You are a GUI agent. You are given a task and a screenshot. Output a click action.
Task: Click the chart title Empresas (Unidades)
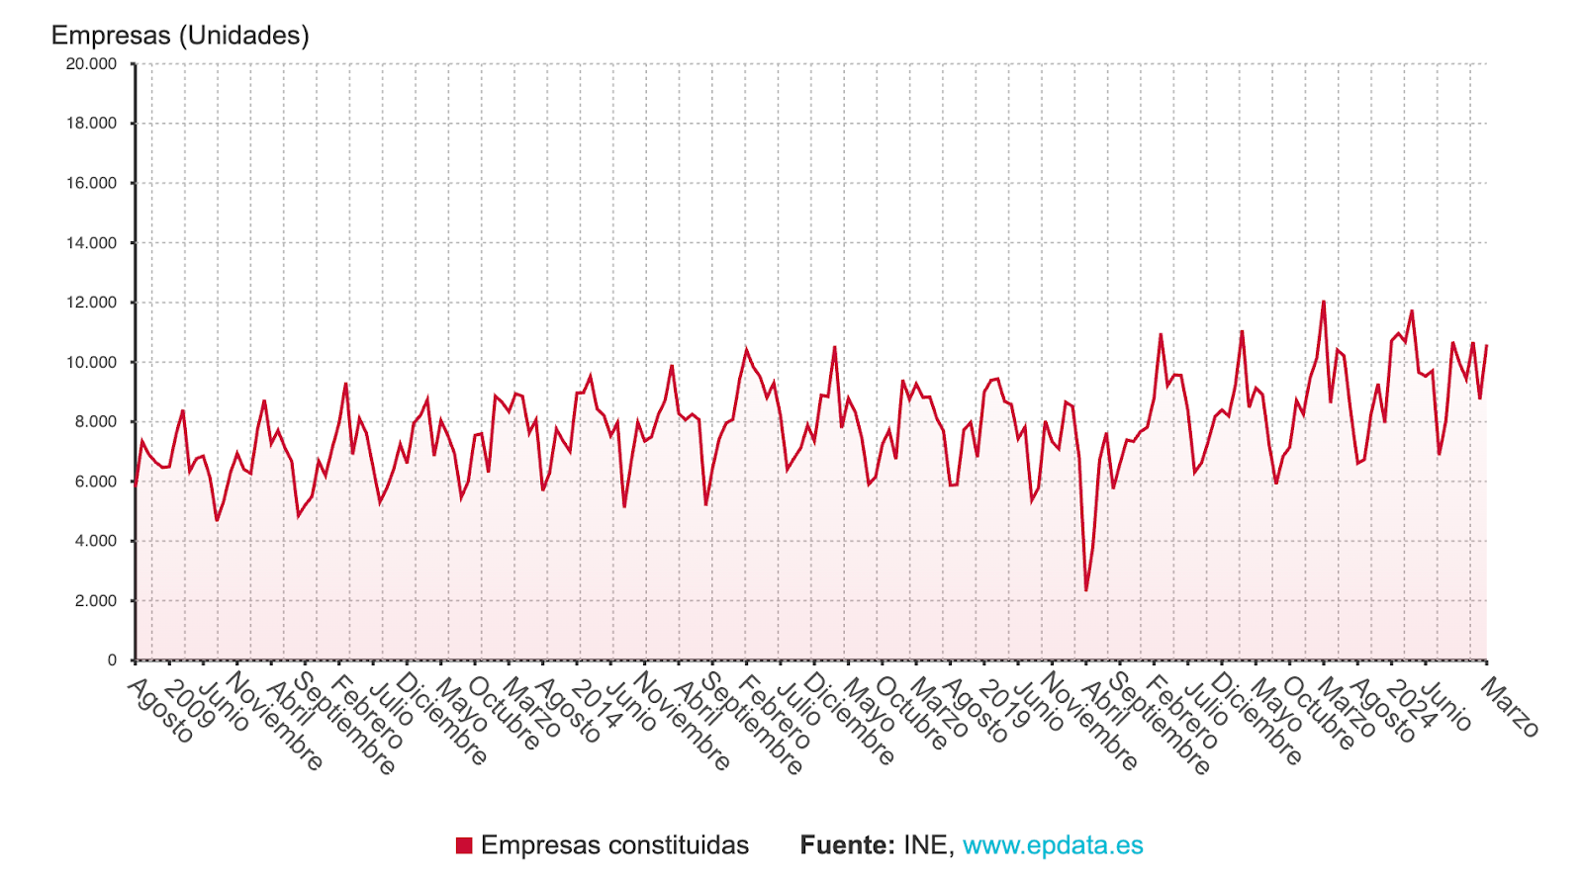[x=180, y=36]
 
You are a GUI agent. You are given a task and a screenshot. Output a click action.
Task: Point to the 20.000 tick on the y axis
[x=91, y=64]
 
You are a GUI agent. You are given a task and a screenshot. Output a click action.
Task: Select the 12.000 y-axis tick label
[x=91, y=303]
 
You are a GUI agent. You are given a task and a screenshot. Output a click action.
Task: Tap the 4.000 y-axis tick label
[x=95, y=541]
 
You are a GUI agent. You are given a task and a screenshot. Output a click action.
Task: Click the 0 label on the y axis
[x=112, y=660]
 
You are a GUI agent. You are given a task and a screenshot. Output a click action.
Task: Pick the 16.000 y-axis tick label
[x=91, y=183]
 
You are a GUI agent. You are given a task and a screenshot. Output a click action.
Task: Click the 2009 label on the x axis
[x=189, y=703]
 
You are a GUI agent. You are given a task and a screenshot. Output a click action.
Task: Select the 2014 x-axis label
[x=597, y=703]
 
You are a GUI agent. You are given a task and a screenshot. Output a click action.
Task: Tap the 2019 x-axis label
[x=1003, y=703]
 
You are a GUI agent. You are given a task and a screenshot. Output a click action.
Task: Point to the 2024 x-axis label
[x=1410, y=703]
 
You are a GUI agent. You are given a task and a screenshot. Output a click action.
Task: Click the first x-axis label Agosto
[x=160, y=711]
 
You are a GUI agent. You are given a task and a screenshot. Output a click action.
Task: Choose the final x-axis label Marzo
[x=1510, y=708]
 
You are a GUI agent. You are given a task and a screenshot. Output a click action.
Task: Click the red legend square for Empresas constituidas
[x=464, y=845]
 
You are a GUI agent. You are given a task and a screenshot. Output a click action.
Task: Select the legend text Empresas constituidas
[x=614, y=845]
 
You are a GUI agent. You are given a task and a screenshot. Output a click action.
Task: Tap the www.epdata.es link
[x=1053, y=845]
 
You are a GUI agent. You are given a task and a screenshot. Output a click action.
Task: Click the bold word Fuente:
[x=847, y=845]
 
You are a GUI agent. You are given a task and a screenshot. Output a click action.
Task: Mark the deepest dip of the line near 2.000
[x=1085, y=590]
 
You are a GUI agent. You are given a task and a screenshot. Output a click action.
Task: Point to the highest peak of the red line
[x=1323, y=302]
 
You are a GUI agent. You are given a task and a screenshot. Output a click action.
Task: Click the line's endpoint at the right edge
[x=1486, y=346]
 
